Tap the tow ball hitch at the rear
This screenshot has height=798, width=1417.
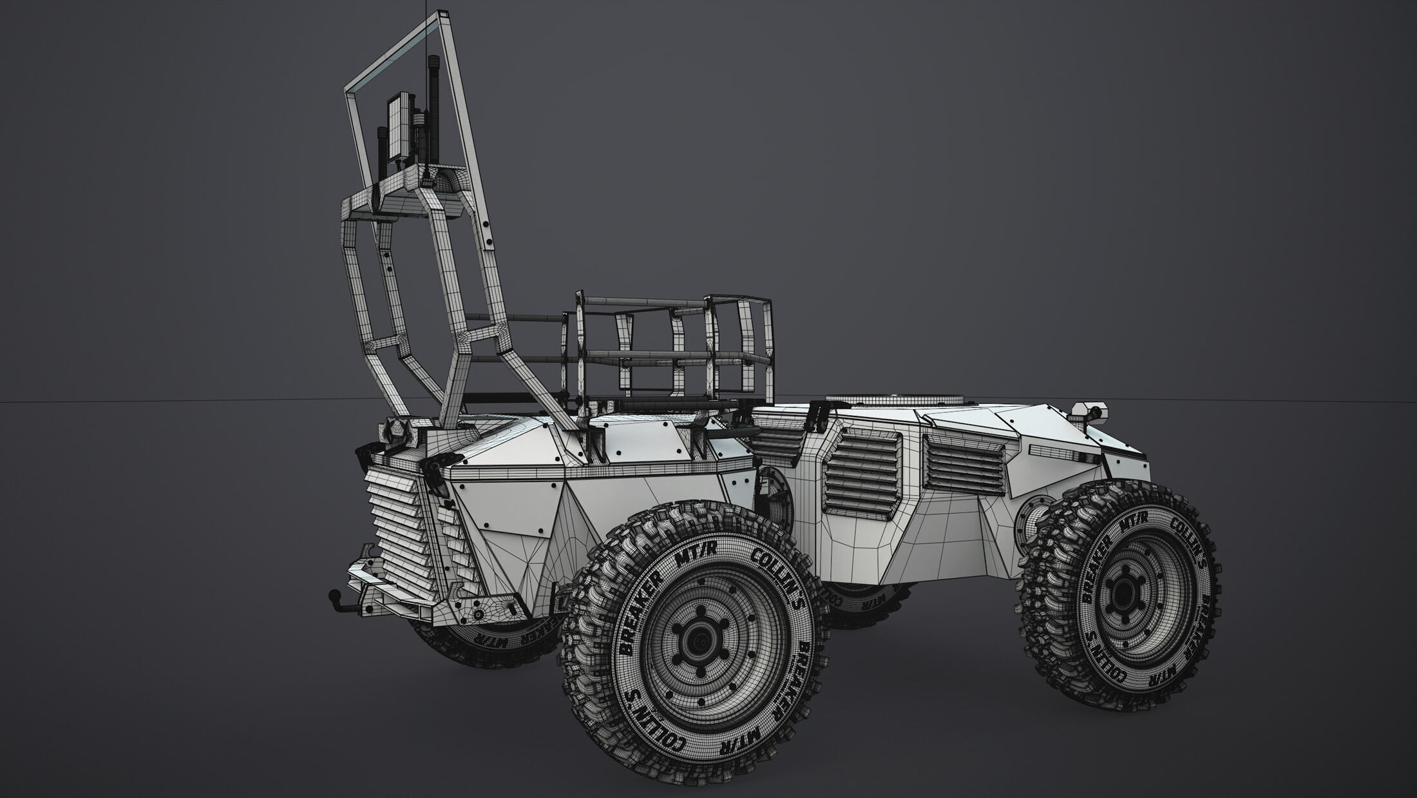[x=336, y=595]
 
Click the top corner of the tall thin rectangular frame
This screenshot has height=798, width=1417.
[x=441, y=14]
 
